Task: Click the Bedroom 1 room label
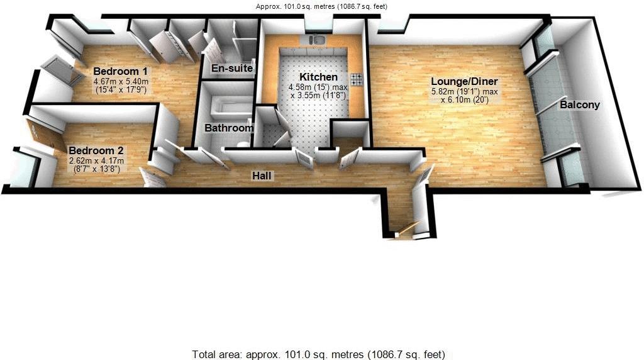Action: pos(121,71)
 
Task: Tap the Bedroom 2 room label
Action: pos(96,151)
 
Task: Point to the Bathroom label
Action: pos(229,128)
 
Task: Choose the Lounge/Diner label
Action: pos(464,81)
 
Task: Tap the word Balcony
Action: pos(579,105)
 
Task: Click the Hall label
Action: pos(262,176)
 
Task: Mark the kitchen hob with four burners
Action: pos(357,79)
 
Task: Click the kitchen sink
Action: pos(318,40)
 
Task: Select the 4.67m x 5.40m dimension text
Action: pos(120,82)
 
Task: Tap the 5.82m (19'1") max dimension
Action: pos(464,91)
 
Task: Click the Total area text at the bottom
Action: pos(321,354)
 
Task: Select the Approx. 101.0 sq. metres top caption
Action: pos(321,6)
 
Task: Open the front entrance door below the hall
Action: pos(406,230)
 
